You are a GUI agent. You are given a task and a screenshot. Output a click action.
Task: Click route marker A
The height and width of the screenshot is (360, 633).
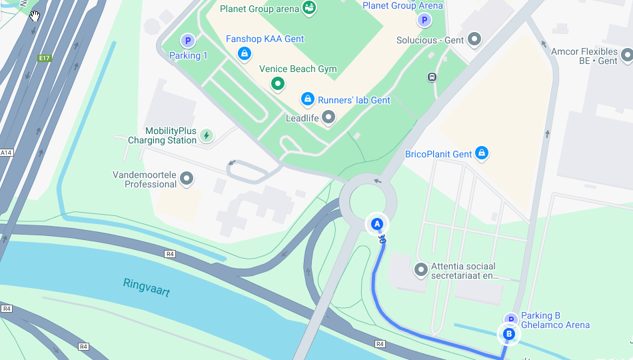[x=377, y=224]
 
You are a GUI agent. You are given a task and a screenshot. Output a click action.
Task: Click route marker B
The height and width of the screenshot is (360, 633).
[x=509, y=334]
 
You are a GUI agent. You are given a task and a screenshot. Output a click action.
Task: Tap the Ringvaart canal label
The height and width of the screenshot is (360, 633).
[x=147, y=287]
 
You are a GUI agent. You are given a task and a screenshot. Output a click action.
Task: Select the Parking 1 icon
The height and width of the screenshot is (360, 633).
[x=188, y=41]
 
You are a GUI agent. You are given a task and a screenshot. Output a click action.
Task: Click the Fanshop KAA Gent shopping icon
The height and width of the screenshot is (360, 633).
[x=245, y=53]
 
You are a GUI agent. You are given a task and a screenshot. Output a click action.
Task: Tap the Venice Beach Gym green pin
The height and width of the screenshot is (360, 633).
[x=278, y=83]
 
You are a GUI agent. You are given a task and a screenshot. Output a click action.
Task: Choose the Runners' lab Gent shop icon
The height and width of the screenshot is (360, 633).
[x=307, y=99]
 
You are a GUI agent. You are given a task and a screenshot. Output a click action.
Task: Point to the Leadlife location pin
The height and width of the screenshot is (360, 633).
[x=328, y=118]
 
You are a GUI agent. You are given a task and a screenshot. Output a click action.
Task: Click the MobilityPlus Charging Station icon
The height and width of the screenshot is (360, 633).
[x=207, y=135]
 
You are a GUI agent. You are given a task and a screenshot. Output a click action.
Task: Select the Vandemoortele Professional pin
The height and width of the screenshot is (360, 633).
[x=187, y=179]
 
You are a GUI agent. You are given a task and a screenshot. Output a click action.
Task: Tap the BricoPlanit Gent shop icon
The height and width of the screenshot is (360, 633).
[x=482, y=154]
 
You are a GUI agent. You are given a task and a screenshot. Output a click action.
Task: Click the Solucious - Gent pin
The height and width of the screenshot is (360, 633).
[x=474, y=40]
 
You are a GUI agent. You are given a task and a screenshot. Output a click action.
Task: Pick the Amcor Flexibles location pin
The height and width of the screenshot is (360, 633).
[x=627, y=56]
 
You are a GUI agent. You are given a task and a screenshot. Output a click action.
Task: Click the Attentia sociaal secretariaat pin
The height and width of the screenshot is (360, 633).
[x=421, y=270]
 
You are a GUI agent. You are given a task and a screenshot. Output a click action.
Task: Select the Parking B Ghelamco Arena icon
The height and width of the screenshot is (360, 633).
[x=510, y=320]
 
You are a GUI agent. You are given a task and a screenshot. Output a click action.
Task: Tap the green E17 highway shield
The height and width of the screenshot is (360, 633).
[x=45, y=58]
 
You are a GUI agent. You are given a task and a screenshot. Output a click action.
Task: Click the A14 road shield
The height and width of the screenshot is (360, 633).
[x=6, y=153]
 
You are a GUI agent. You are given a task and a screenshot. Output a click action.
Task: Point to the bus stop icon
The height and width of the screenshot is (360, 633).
[x=432, y=77]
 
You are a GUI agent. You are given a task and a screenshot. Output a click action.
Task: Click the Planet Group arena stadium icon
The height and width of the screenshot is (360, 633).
[x=309, y=8]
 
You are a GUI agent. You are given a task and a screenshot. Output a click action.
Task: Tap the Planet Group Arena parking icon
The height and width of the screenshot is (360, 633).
[x=424, y=20]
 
